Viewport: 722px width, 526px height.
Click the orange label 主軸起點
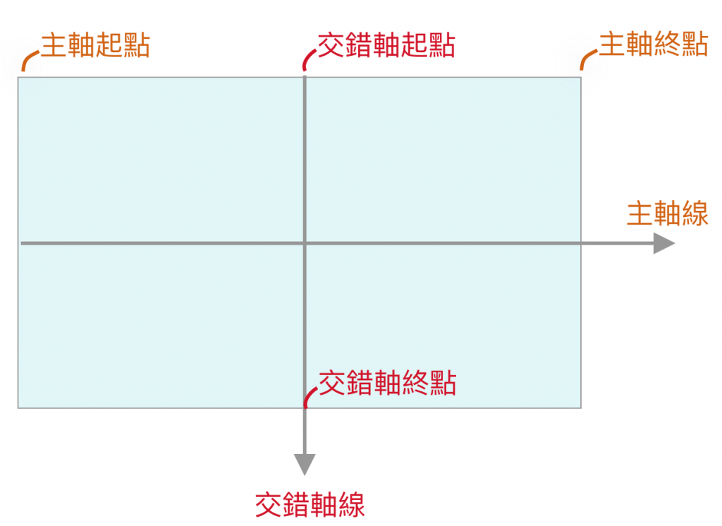pyautogui.click(x=95, y=45)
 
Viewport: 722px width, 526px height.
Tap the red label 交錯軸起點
pyautogui.click(x=386, y=45)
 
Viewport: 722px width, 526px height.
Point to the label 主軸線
pyautogui.click(x=667, y=213)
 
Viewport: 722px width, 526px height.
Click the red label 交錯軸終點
pyautogui.click(x=388, y=383)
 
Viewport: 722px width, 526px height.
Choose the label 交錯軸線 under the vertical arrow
pyautogui.click(x=310, y=505)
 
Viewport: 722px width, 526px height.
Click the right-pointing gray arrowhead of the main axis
pyautogui.click(x=663, y=243)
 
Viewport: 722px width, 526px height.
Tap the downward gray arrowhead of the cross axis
pyautogui.click(x=305, y=464)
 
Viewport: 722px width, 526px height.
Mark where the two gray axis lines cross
pyautogui.click(x=305, y=243)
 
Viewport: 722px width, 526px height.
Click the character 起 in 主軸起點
pyautogui.click(x=109, y=45)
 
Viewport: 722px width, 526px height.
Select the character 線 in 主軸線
pyautogui.click(x=695, y=213)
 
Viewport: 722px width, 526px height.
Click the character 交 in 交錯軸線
pyautogui.click(x=269, y=505)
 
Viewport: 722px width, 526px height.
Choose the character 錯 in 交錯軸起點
pyautogui.click(x=359, y=45)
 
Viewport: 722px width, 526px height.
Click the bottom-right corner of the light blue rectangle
pyautogui.click(x=580, y=407)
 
